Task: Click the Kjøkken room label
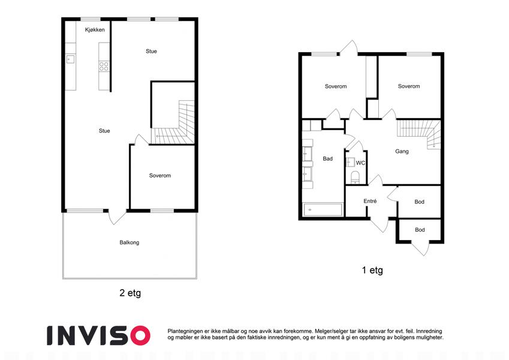tap(95, 30)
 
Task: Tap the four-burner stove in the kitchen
tap(104, 67)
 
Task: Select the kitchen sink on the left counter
tap(70, 59)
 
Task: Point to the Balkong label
tap(129, 242)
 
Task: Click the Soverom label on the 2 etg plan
tap(160, 175)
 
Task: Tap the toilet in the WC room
tap(356, 177)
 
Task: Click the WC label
tap(360, 163)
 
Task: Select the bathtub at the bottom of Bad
tap(323, 209)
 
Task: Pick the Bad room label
tap(327, 158)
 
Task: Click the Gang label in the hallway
tap(402, 151)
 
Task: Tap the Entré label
tap(370, 201)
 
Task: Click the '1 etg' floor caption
tap(372, 270)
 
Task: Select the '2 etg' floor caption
tap(130, 293)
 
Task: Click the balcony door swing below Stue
tap(116, 217)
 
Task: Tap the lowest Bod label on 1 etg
tap(420, 230)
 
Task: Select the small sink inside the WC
tap(351, 162)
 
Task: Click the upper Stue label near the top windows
tap(151, 52)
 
